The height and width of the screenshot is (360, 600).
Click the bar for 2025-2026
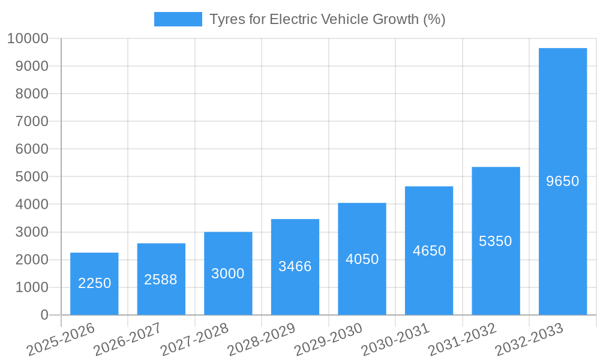(94, 284)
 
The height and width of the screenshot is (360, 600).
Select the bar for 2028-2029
(295, 267)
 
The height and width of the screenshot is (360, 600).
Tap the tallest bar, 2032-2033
(563, 181)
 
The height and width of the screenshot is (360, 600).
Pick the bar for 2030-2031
(429, 251)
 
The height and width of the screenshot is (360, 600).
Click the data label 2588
(161, 280)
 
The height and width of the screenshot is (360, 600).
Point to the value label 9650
(563, 181)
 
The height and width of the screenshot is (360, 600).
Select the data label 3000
(228, 274)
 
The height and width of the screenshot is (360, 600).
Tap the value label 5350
(496, 241)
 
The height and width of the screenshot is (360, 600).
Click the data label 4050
(362, 259)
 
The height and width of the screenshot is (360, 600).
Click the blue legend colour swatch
(178, 19)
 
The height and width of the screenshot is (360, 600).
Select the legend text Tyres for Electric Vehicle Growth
(327, 19)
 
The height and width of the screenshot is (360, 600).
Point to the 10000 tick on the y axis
(28, 39)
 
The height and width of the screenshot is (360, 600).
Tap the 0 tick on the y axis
(44, 315)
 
